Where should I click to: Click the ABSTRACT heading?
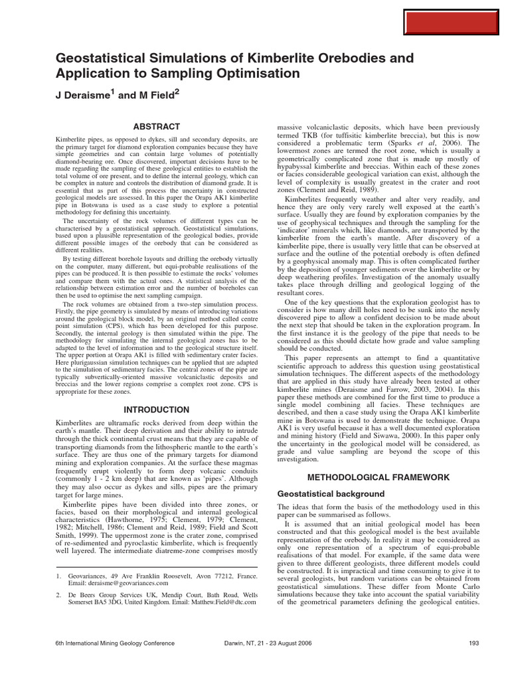157,126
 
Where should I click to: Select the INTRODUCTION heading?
157,410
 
